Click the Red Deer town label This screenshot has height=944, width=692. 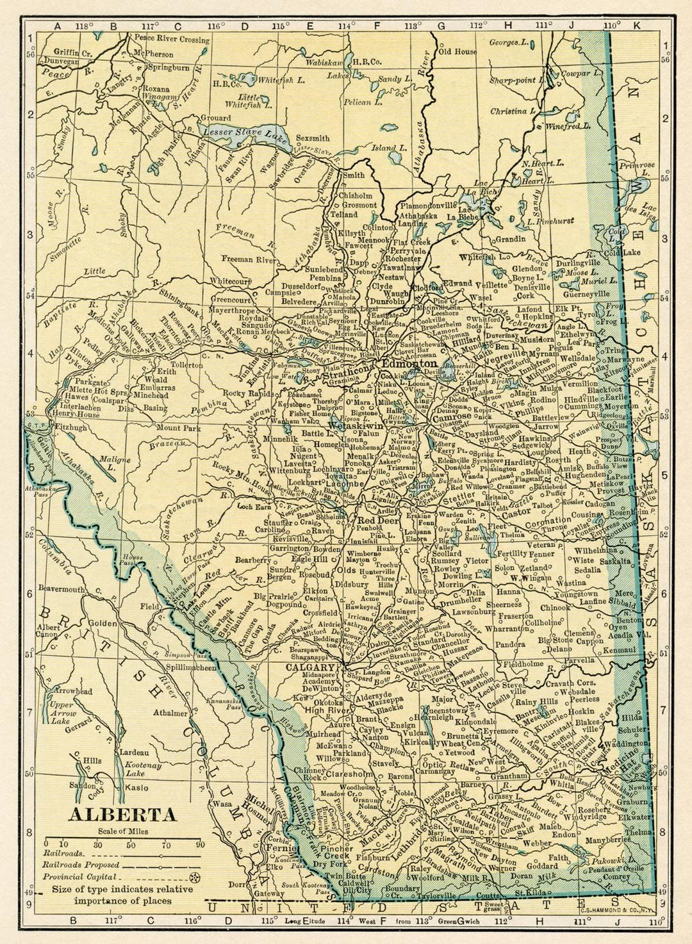(x=379, y=520)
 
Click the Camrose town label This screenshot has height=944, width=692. (x=452, y=417)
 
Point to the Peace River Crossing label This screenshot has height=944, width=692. (x=171, y=39)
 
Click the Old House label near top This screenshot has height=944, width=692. (x=457, y=51)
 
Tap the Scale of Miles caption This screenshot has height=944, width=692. (x=123, y=831)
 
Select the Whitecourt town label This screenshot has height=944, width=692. (x=231, y=281)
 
